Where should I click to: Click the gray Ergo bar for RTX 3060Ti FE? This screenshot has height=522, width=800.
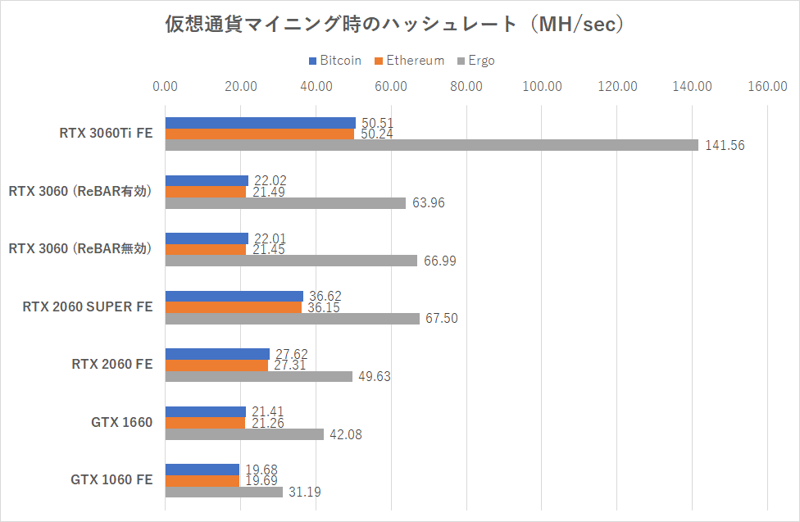431,145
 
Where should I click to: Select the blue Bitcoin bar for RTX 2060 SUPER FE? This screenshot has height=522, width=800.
234,296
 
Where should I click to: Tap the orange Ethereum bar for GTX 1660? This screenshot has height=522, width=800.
205,423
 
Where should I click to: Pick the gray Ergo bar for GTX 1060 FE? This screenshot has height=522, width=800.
224,492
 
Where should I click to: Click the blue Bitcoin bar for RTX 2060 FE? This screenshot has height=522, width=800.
217,354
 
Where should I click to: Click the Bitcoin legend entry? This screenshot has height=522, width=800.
335,61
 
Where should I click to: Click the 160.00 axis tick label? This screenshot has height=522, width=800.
767,86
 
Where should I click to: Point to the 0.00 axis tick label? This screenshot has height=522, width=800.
165,86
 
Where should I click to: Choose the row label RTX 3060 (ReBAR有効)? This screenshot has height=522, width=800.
80,192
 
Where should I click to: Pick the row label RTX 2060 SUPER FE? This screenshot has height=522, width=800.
88,307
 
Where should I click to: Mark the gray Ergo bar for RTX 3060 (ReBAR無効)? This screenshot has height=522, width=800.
291,261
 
